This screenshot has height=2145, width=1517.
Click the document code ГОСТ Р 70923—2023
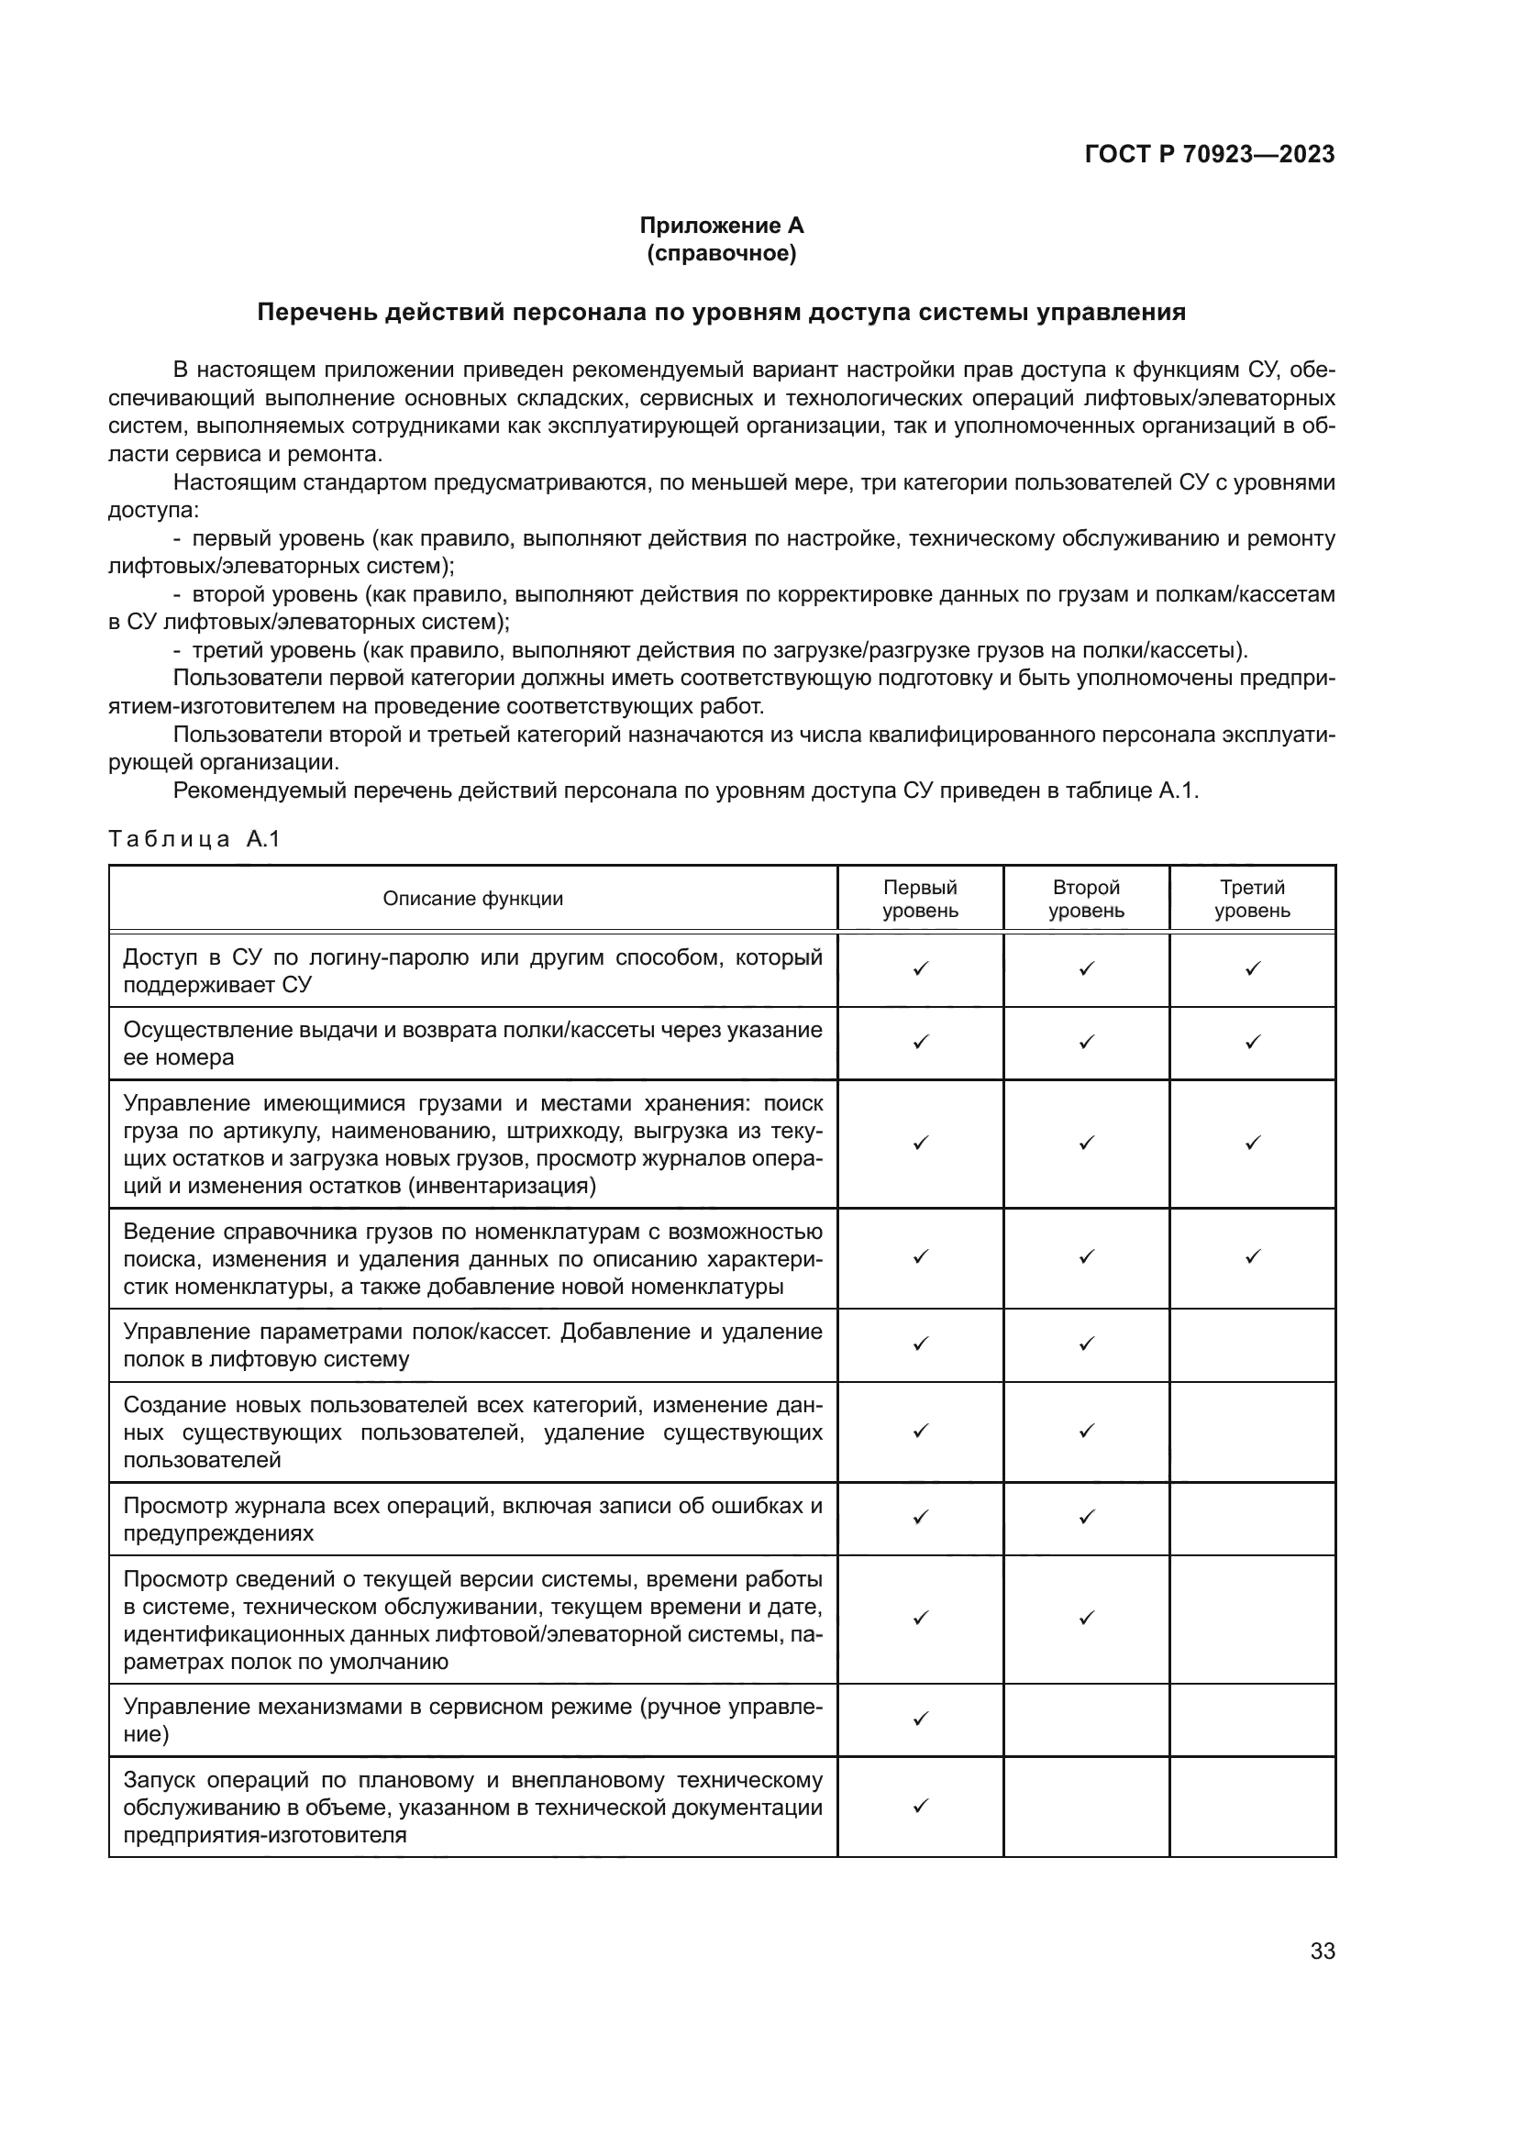1210,154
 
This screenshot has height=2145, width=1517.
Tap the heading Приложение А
721,226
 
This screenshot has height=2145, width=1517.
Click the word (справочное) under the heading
721,253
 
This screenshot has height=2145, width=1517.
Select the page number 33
1322,1951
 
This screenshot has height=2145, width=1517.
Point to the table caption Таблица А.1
194,839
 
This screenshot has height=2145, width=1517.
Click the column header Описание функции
472,899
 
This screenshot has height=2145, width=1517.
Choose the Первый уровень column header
920,899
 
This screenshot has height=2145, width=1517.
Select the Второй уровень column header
1086,899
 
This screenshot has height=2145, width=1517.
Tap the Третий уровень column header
1252,899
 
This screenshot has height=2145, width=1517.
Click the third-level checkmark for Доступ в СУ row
1253,968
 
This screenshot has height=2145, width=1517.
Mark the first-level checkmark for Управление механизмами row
920,1718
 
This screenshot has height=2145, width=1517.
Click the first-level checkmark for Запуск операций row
920,1806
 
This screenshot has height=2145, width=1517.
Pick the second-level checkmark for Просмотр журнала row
1086,1518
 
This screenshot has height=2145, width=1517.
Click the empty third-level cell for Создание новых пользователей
1252,1432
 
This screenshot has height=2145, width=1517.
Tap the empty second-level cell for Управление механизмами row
1086,1719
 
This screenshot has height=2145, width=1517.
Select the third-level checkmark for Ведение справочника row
1253,1256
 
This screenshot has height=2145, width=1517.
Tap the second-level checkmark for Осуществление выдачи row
1086,1042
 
